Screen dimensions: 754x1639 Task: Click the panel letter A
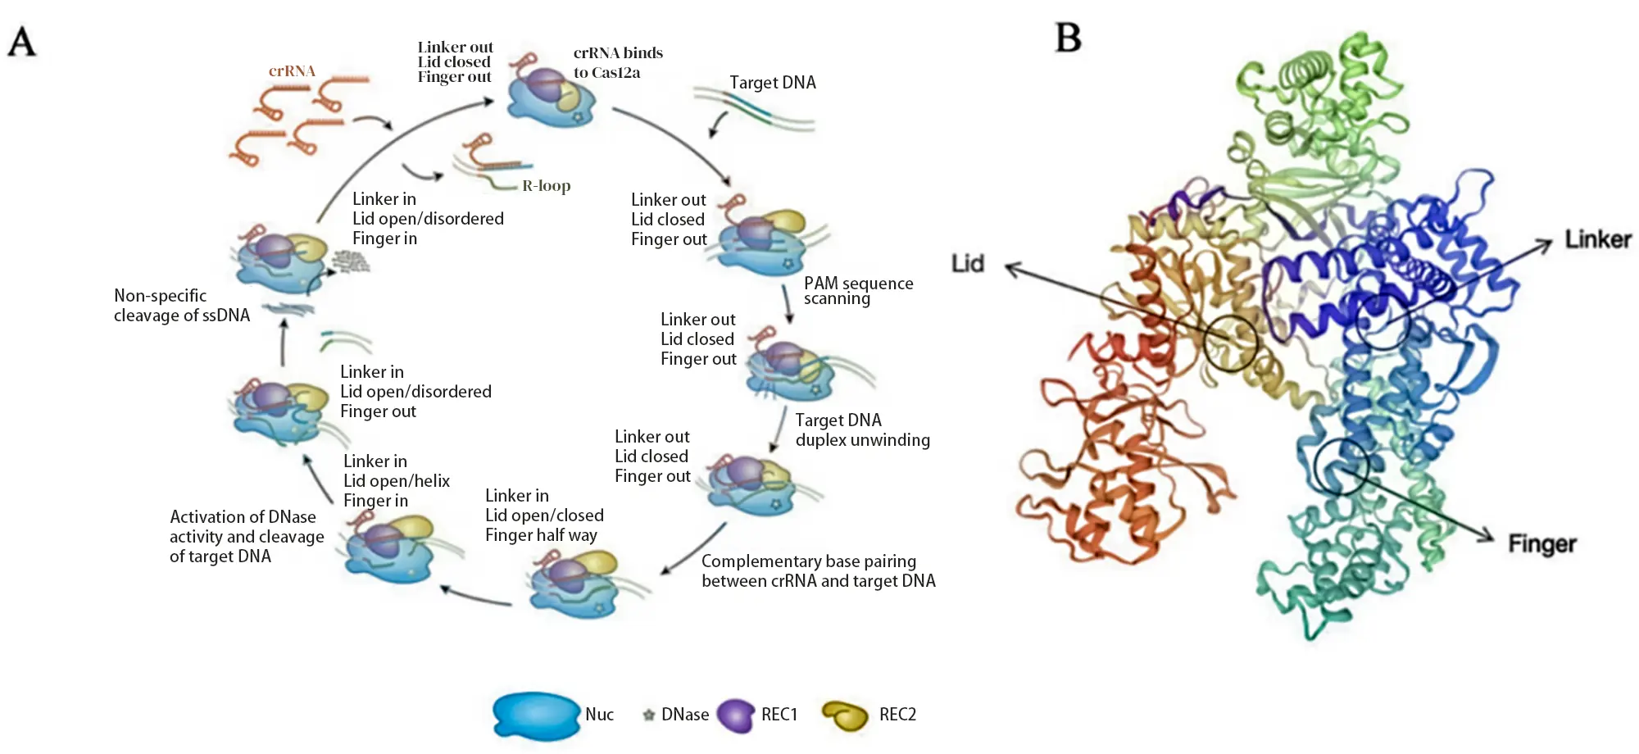click(x=22, y=40)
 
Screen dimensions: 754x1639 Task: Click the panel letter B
click(x=1068, y=38)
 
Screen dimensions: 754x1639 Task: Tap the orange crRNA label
click(x=292, y=71)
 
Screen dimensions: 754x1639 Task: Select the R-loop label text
click(x=546, y=185)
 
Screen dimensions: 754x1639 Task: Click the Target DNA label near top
click(x=772, y=82)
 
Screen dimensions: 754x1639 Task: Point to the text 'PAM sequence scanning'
click(x=857, y=290)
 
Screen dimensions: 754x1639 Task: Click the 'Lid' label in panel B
click(x=967, y=263)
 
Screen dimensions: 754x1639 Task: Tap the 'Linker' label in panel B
click(x=1597, y=239)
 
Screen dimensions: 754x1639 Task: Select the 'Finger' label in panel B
click(x=1541, y=543)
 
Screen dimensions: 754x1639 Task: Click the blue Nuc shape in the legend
click(x=537, y=715)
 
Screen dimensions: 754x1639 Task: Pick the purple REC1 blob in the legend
click(x=735, y=715)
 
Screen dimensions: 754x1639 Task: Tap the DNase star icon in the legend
click(x=648, y=715)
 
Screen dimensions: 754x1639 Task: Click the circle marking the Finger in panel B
click(x=1341, y=466)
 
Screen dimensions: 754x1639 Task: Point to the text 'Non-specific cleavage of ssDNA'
click(x=181, y=305)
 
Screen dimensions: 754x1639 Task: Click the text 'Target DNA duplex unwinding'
click(x=862, y=429)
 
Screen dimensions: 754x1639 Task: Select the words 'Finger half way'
click(x=541, y=535)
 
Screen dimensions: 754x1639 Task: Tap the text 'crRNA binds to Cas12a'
click(x=618, y=62)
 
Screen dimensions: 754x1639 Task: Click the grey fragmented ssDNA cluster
click(x=351, y=261)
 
